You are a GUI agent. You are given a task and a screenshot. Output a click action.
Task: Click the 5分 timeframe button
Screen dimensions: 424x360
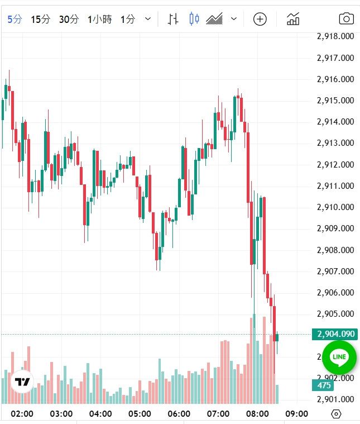[15, 19]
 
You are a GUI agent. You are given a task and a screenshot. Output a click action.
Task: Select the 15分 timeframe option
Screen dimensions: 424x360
[40, 19]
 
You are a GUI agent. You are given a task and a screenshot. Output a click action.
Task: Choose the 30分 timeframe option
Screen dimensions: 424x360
[69, 19]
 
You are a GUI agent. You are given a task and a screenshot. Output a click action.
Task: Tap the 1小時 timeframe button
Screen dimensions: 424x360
[99, 19]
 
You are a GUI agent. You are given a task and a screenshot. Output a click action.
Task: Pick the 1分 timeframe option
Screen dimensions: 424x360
[127, 19]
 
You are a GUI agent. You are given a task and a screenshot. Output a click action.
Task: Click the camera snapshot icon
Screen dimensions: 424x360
[347, 19]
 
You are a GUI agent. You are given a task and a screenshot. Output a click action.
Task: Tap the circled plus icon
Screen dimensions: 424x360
[260, 19]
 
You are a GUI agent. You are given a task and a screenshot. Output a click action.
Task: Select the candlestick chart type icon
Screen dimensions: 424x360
[194, 19]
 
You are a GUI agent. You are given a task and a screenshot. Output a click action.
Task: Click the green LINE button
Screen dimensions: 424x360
[339, 357]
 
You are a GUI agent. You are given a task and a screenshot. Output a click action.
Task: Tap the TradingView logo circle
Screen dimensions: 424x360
[22, 382]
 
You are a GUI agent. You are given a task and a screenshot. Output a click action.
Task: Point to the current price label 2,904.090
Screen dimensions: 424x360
[335, 334]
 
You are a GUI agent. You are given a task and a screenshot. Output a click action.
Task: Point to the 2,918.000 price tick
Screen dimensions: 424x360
[335, 36]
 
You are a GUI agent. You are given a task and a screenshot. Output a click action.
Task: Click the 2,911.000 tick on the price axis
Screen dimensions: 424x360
[335, 186]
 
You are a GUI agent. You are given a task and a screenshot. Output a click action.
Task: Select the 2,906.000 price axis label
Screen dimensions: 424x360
[335, 293]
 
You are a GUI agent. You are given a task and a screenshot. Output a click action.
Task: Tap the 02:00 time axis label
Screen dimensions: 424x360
[22, 414]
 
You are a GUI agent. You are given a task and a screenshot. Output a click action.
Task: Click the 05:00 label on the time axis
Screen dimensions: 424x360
[140, 414]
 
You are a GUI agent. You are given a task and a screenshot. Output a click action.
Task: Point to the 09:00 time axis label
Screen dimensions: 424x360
[296, 414]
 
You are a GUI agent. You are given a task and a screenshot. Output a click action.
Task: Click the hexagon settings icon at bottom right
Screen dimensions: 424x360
[336, 414]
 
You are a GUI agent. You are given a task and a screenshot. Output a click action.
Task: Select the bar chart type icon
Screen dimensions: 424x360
[173, 19]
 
